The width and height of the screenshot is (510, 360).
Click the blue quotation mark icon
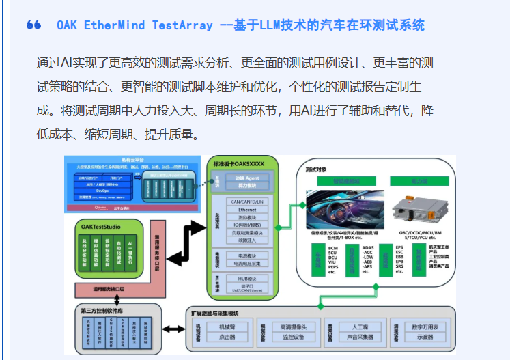(33, 25)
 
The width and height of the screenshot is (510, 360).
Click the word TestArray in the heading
(178, 25)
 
